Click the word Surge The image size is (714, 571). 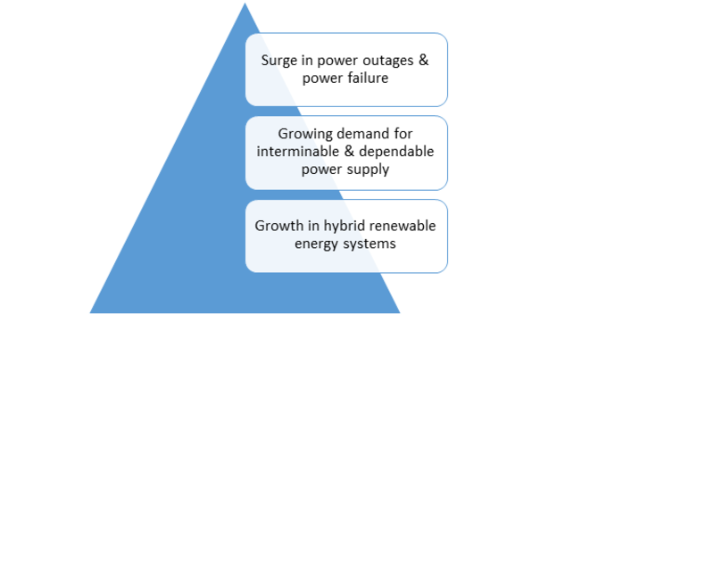pos(279,62)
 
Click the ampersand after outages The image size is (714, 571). pos(423,60)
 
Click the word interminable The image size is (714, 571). pos(298,151)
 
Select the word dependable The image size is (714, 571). pos(396,152)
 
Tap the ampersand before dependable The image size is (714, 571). pos(349,152)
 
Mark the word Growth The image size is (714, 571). pos(278,226)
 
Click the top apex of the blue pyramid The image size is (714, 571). pos(245,3)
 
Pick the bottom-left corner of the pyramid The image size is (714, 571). pos(90,313)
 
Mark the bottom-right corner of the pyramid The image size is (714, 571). pos(400,313)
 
